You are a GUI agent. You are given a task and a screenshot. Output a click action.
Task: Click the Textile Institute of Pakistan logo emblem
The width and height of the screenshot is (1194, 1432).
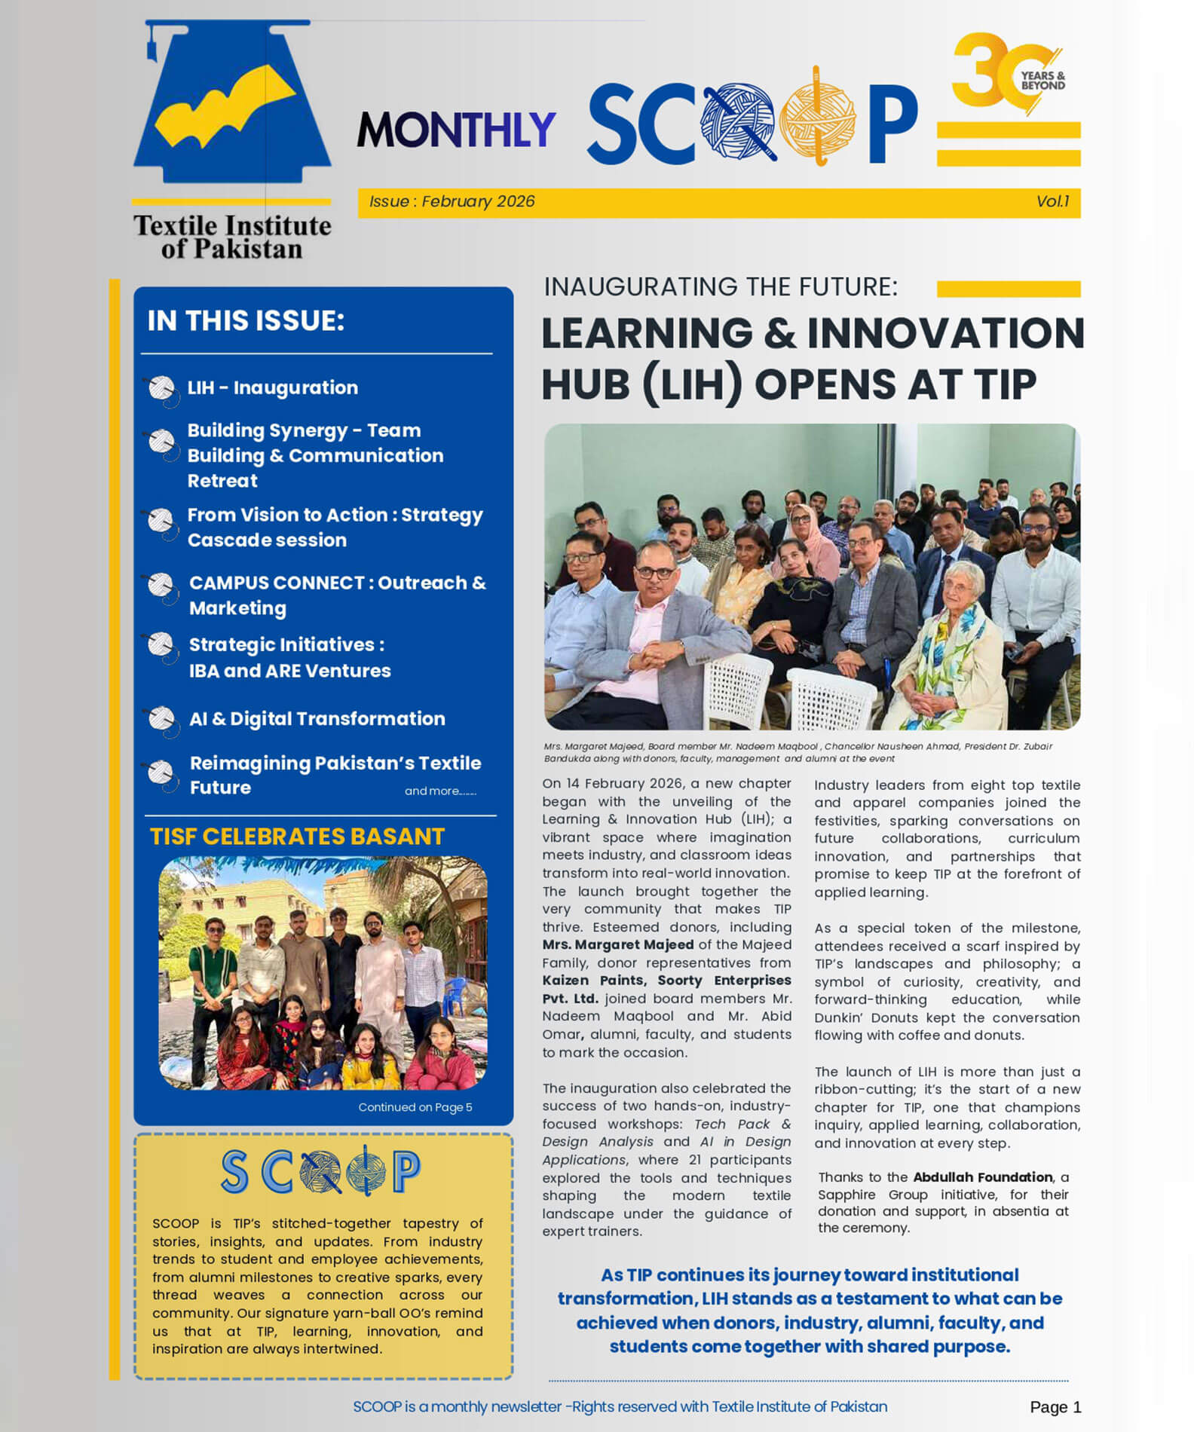tap(231, 106)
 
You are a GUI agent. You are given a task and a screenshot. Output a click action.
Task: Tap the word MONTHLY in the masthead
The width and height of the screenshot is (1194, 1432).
tap(456, 130)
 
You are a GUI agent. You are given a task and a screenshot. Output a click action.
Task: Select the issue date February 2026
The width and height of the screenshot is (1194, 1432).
tap(478, 202)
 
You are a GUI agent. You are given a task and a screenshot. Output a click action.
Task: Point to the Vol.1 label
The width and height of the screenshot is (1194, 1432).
tap(1052, 202)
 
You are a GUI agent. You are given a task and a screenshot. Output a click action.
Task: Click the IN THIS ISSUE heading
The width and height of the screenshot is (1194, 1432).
tap(246, 321)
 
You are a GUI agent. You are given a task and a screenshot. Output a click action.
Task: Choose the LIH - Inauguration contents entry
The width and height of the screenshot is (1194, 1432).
tap(272, 388)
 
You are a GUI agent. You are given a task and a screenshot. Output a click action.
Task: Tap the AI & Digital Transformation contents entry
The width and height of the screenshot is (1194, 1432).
tap(317, 719)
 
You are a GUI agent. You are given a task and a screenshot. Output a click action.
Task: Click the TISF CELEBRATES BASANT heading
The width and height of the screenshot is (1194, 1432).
tap(297, 837)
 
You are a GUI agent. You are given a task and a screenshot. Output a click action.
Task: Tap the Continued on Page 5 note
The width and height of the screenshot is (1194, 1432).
tap(415, 1107)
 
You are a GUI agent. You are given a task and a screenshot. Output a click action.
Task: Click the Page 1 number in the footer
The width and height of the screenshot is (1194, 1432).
tap(1055, 1407)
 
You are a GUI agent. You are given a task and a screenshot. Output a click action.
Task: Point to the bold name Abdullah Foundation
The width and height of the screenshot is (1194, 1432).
tap(982, 1177)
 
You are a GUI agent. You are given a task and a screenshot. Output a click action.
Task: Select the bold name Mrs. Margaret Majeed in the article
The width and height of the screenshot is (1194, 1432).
tap(618, 945)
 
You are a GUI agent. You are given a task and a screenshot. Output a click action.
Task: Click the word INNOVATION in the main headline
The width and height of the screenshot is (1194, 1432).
tap(945, 333)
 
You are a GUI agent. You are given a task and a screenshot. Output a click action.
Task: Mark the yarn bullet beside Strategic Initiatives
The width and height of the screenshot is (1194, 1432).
tap(161, 645)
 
